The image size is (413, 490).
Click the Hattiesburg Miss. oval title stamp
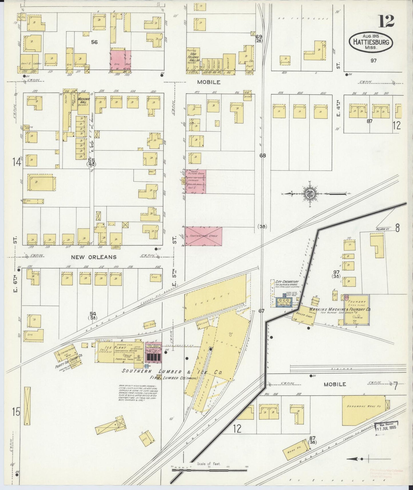[x=371, y=42]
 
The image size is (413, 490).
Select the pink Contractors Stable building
[x=203, y=236]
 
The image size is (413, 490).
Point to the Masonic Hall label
[x=82, y=101]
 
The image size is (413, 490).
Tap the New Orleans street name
[x=94, y=257]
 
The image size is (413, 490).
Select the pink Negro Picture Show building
[x=195, y=181]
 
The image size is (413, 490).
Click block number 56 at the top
[x=94, y=42]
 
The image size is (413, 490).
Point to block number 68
[x=263, y=156]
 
